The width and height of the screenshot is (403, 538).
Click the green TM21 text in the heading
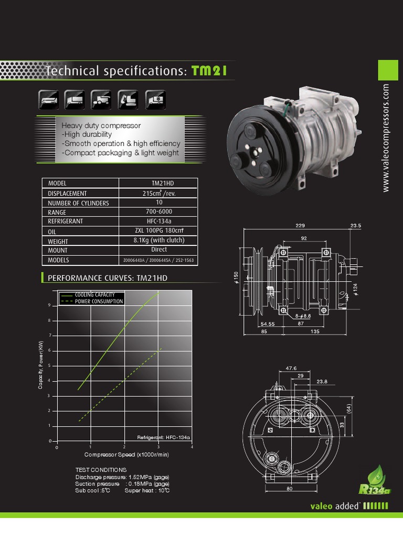(209, 71)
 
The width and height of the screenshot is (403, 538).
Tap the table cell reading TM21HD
(158, 183)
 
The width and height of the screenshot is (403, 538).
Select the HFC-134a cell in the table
(158, 221)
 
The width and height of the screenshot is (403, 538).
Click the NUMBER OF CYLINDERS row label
(79, 203)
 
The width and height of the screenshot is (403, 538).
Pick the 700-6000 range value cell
(158, 212)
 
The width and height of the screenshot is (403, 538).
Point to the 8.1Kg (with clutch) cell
(158, 240)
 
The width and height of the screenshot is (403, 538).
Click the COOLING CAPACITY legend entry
(94, 295)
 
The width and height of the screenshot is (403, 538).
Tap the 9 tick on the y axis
(49, 305)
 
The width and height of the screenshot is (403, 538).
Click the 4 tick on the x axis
(192, 447)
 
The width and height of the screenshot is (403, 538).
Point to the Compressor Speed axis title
(126, 455)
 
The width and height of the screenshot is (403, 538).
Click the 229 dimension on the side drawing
(300, 225)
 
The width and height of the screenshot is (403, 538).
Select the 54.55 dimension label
(268, 324)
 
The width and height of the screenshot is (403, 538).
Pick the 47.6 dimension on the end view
(292, 368)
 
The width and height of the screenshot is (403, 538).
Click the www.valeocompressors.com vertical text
(387, 138)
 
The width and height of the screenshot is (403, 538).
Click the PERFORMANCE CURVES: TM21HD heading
(108, 277)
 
